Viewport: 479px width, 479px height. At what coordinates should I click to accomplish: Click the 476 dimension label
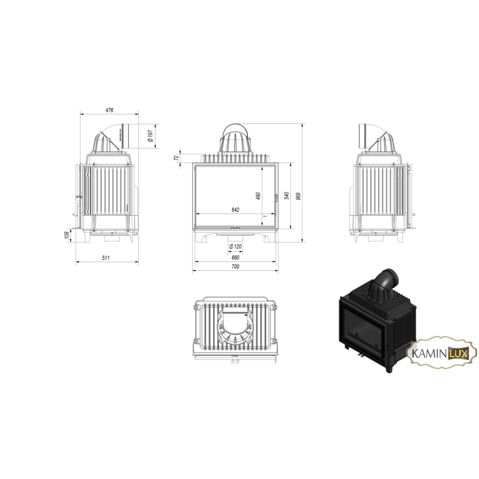(109, 110)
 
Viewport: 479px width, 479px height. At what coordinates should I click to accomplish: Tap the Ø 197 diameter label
(150, 135)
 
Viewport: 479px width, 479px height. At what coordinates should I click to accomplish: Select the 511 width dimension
(106, 258)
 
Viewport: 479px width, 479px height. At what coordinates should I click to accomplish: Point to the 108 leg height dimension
(66, 236)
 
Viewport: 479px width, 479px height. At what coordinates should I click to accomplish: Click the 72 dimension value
(176, 158)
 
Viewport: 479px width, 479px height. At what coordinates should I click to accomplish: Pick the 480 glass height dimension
(258, 196)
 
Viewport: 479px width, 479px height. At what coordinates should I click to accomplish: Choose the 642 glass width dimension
(236, 210)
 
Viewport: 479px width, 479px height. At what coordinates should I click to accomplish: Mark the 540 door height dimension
(287, 196)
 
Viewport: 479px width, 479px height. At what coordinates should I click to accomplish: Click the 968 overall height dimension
(299, 196)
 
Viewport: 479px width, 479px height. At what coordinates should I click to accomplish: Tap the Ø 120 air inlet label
(235, 246)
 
